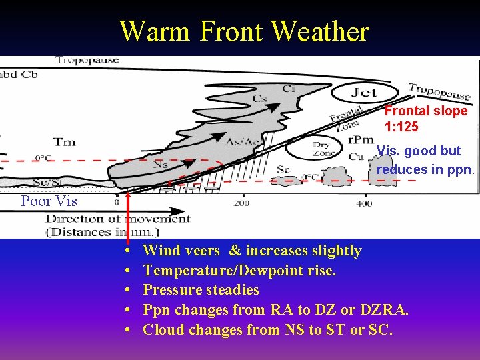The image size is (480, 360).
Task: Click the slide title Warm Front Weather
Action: [243, 31]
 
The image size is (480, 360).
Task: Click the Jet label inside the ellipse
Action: [365, 93]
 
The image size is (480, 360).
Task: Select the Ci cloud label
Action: [289, 88]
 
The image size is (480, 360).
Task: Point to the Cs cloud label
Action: [260, 99]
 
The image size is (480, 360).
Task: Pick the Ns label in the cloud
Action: [161, 163]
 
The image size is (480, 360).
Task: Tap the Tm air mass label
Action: [64, 141]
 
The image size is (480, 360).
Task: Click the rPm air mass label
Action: [361, 140]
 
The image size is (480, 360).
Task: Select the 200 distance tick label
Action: [241, 203]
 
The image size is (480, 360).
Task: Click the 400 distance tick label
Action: [364, 203]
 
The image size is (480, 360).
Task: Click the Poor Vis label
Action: [49, 201]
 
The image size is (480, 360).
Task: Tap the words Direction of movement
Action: [118, 219]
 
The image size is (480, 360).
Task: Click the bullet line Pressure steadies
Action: [201, 290]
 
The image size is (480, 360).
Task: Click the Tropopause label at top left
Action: [87, 60]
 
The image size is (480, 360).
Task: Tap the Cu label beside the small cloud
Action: [355, 157]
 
